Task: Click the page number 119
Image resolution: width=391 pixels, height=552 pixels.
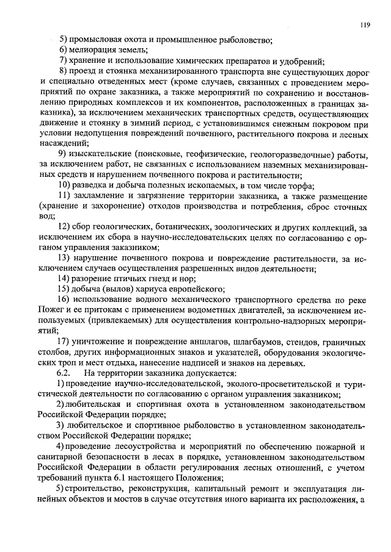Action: pyautogui.click(x=365, y=25)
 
